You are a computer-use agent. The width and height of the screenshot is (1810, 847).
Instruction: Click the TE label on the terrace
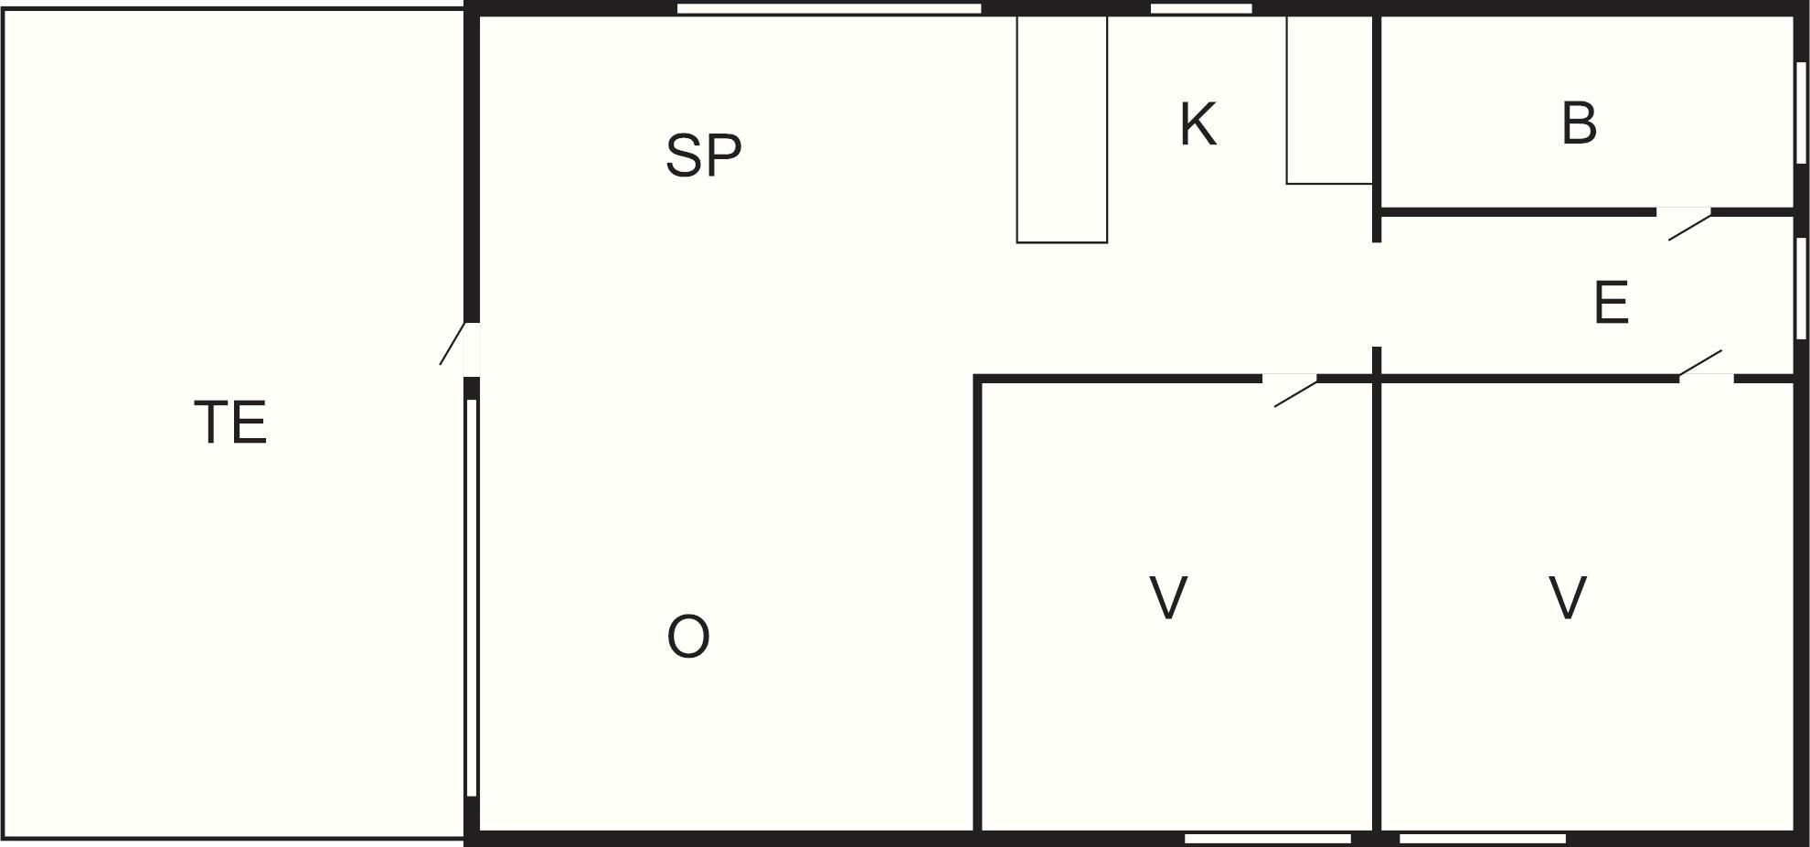tap(230, 423)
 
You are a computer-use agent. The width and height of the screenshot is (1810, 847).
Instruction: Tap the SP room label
tap(703, 155)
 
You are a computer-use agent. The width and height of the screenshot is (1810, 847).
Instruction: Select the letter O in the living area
tap(688, 637)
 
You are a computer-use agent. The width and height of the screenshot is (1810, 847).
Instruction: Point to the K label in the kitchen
tap(1198, 124)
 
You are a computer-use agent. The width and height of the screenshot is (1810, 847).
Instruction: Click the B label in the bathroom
tap(1579, 123)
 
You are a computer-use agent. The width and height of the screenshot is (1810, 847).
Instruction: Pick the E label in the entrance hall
tap(1611, 303)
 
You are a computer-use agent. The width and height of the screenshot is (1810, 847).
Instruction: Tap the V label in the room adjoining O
tap(1168, 598)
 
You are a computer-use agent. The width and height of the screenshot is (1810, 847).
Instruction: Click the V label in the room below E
tap(1568, 598)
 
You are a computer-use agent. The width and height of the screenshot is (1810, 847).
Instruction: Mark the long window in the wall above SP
tap(829, 8)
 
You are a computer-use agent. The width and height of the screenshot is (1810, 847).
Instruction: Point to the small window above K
tap(1201, 8)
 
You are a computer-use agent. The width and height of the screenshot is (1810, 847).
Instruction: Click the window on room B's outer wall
tap(1801, 113)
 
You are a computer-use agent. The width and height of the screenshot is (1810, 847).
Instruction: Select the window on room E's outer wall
tap(1801, 288)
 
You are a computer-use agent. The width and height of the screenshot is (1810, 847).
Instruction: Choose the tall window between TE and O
tap(472, 597)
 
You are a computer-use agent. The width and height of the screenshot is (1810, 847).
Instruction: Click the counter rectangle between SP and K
tap(1062, 129)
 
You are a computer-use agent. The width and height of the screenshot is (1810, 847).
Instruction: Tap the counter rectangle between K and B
tap(1330, 100)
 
